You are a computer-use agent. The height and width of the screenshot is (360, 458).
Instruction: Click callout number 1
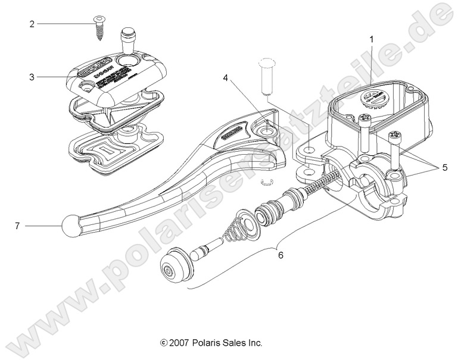(x=372, y=40)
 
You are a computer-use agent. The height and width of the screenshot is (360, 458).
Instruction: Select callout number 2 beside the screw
(x=32, y=24)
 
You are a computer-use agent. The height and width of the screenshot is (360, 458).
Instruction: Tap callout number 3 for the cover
(x=32, y=77)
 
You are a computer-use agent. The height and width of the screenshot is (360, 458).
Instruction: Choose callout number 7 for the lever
(x=17, y=226)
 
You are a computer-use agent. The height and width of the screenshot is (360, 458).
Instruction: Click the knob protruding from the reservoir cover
(x=128, y=42)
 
